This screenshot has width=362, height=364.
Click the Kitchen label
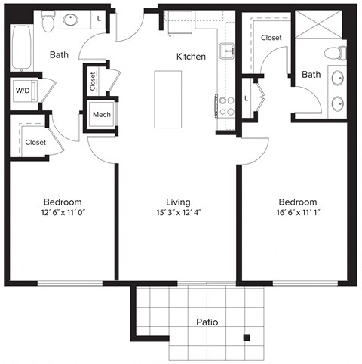coord(191,57)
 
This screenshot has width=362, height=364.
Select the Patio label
coord(207,322)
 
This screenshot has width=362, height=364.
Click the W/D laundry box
coord(23,91)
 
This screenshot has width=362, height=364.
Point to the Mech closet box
coord(100,116)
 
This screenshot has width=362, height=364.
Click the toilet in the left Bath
coord(48,21)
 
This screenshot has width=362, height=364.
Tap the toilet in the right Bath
coord(337,53)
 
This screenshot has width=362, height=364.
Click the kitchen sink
coord(226,51)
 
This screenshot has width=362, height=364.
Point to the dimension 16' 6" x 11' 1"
coord(297,214)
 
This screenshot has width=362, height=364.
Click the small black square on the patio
coord(246,338)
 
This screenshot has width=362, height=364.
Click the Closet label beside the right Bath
coord(271,38)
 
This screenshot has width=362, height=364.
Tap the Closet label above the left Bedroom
coord(35,142)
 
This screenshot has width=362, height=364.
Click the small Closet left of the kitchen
coord(93,80)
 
